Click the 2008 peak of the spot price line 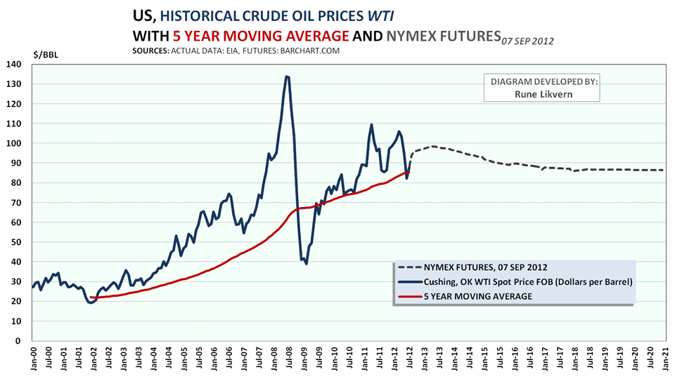tap(287, 77)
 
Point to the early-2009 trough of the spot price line tap(307, 263)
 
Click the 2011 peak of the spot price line tap(371, 125)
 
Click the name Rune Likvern tap(541, 95)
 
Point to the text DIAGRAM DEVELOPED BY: tap(541, 81)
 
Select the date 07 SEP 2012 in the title tap(527, 41)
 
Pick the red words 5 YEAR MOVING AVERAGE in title tap(261, 35)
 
